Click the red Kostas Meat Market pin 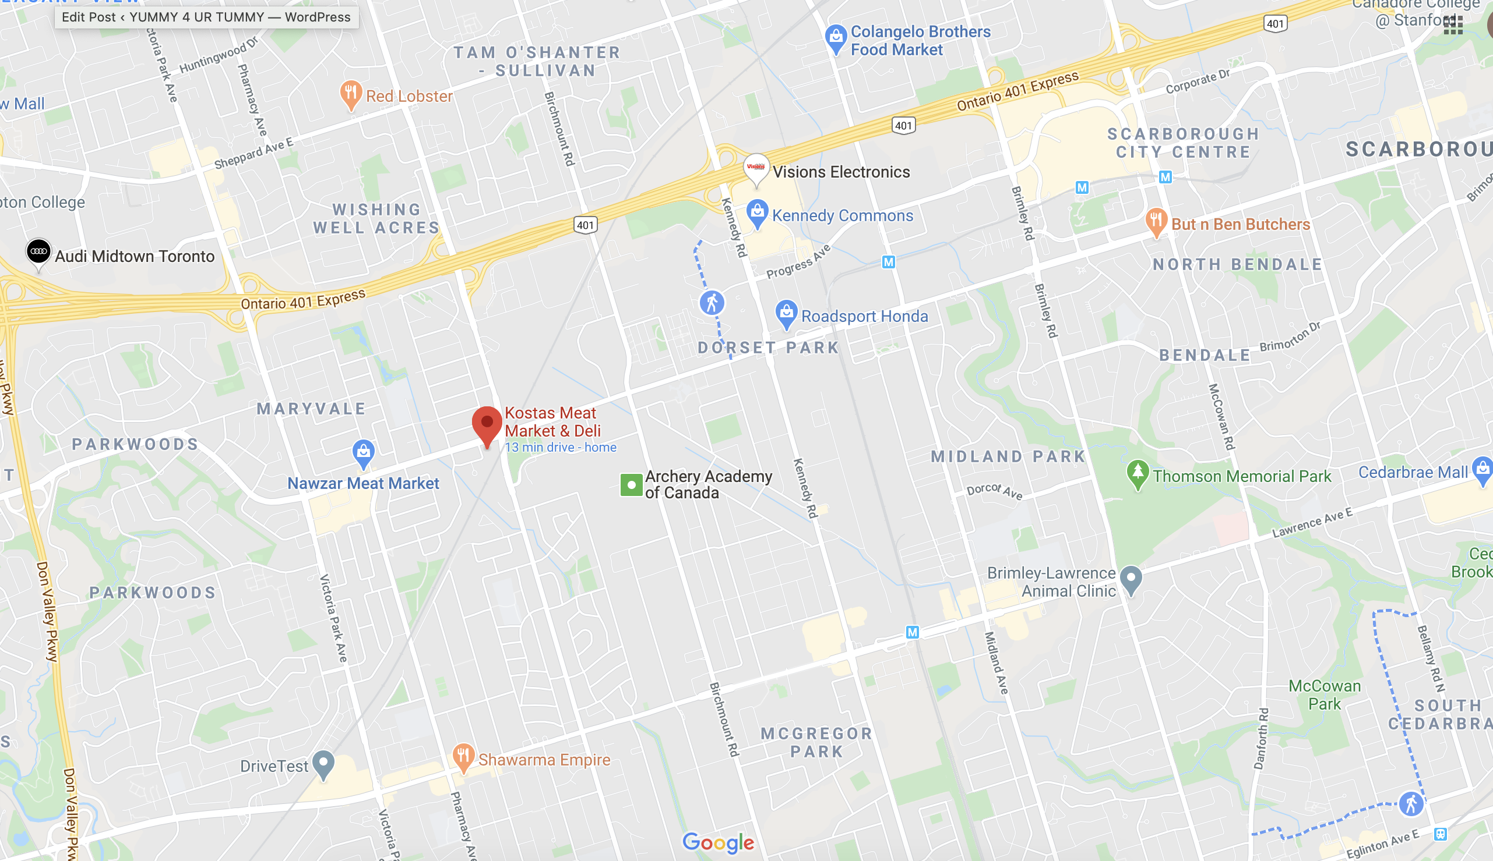click(487, 424)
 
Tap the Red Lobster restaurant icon click(351, 93)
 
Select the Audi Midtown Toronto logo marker click(38, 251)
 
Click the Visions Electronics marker click(756, 167)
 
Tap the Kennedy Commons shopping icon click(758, 213)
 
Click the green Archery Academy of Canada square click(631, 485)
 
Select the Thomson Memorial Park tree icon click(1138, 473)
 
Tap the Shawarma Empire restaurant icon click(463, 756)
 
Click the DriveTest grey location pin click(323, 763)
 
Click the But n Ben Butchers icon click(1156, 221)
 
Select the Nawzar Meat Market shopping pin click(363, 453)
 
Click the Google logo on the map click(718, 842)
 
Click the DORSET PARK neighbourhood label click(768, 348)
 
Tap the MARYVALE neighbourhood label click(311, 409)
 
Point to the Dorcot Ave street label click(994, 490)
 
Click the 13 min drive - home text click(561, 448)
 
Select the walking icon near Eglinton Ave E click(1411, 803)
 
